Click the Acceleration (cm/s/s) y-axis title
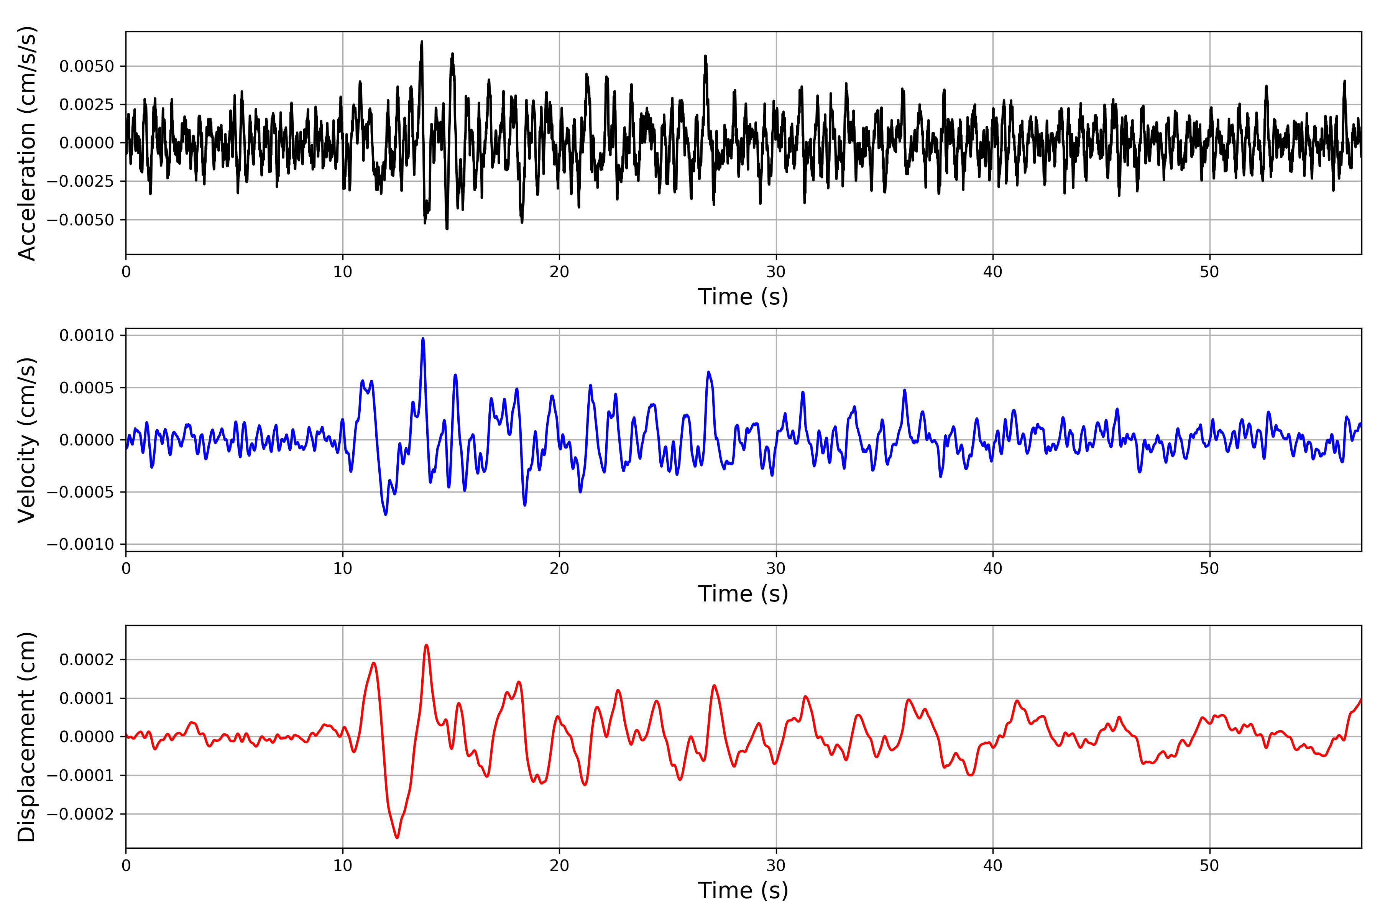[27, 143]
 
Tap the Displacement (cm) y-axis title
[27, 736]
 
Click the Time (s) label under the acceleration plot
[743, 297]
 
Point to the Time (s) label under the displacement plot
[743, 890]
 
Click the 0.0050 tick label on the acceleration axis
[87, 66]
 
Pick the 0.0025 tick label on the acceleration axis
[87, 104]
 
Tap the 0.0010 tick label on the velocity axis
[87, 336]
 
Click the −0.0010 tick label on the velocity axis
[81, 544]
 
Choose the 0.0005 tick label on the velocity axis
[87, 388]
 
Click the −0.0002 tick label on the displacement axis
[81, 814]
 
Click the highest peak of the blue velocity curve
[423, 338]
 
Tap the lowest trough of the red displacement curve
[397, 837]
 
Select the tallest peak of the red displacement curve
[427, 646]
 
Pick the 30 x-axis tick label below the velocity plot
[775, 568]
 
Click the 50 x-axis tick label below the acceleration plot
[1209, 272]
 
